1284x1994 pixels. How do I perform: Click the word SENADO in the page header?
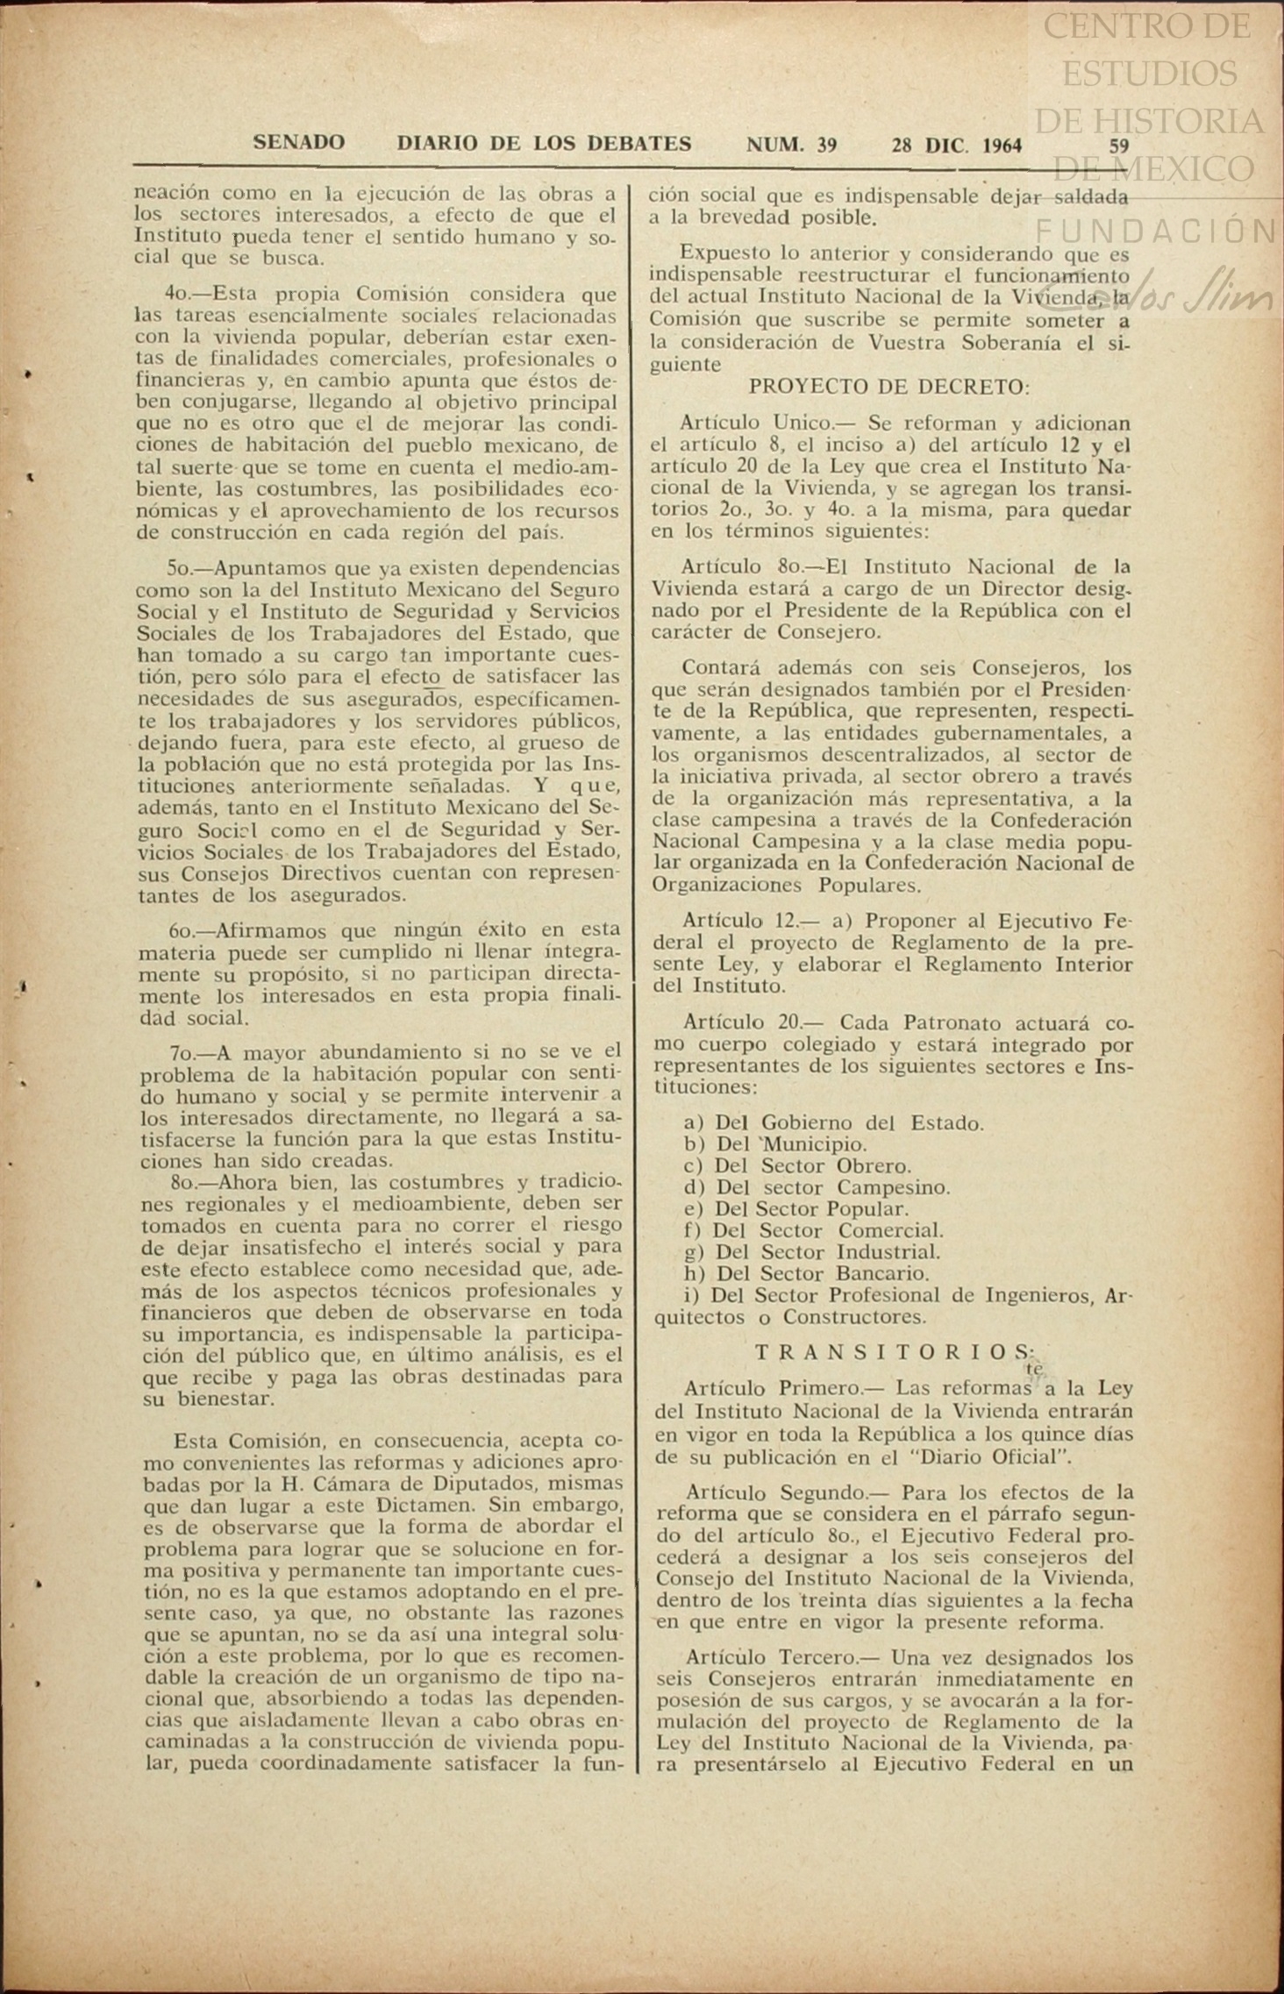click(298, 143)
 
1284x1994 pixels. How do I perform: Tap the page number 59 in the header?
click(1118, 146)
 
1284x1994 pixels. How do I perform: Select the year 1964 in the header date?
click(1002, 146)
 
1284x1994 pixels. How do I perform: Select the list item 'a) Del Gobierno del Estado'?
click(833, 1123)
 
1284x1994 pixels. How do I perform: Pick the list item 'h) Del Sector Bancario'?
click(807, 1273)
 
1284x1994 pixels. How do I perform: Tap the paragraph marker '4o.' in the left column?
click(178, 294)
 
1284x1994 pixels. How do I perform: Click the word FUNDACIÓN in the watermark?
click(1156, 231)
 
